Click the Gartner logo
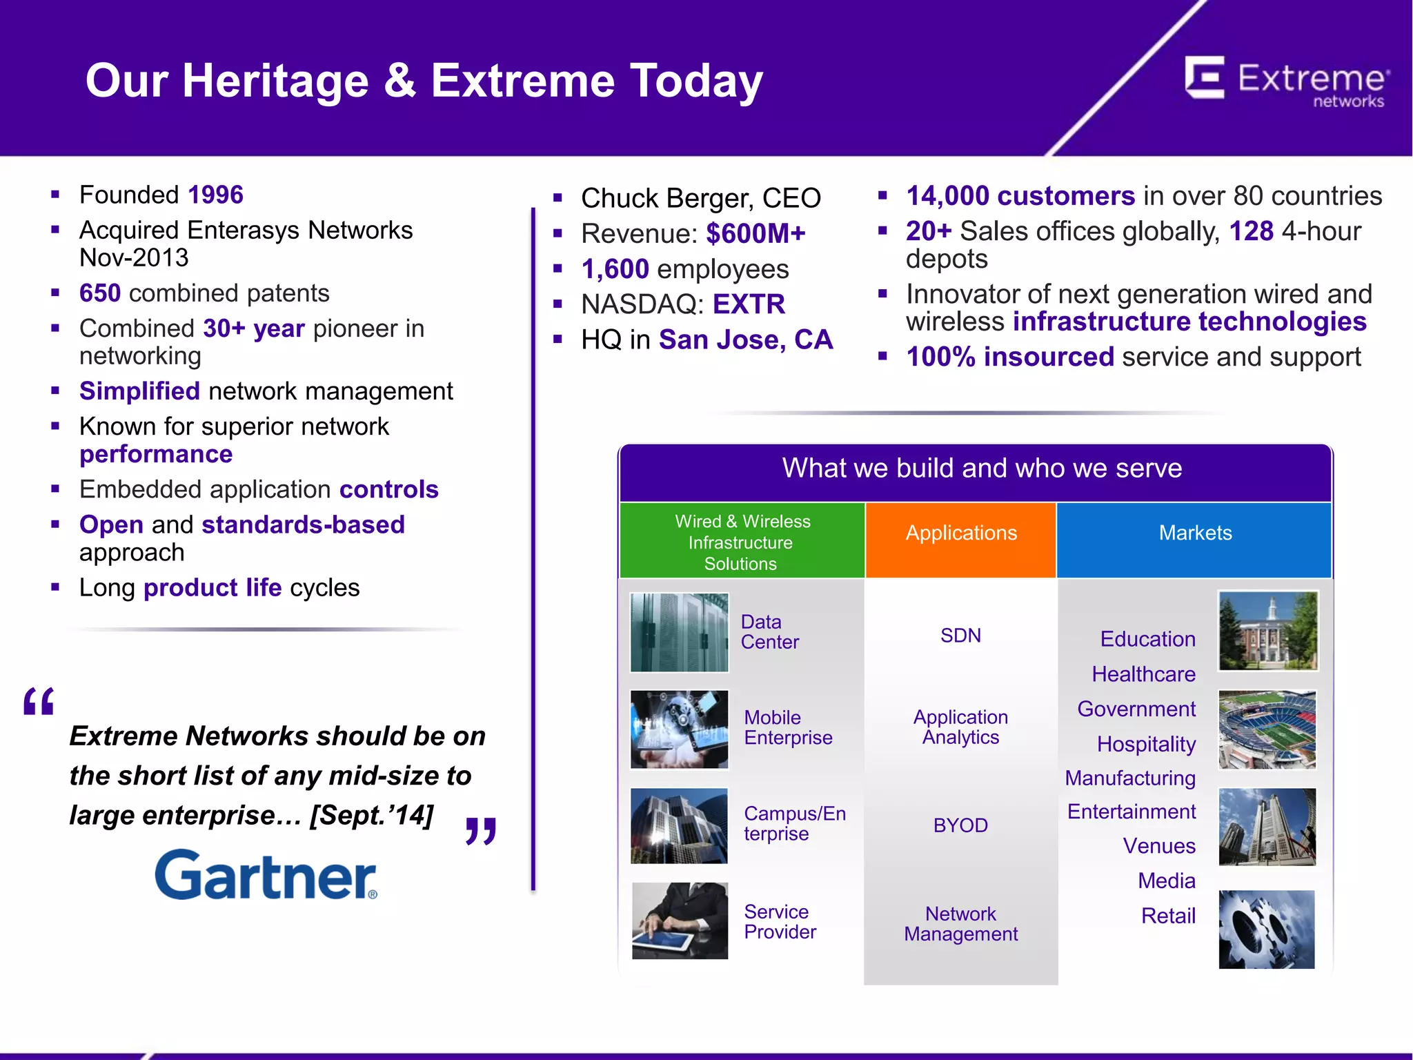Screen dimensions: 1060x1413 tap(266, 875)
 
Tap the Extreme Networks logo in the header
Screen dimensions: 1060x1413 tap(1287, 81)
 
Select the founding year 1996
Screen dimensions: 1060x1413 tap(215, 195)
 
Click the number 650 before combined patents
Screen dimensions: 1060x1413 tap(100, 293)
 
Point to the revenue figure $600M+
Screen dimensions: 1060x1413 tap(755, 234)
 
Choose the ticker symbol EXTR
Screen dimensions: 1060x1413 tap(749, 304)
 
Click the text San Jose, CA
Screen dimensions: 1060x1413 tap(746, 340)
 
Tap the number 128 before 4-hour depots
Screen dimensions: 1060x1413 tap(1251, 231)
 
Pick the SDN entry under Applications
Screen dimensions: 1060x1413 tap(960, 636)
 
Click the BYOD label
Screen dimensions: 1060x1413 tap(960, 825)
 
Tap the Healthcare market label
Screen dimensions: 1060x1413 tap(1143, 674)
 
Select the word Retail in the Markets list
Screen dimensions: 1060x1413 tap(1167, 916)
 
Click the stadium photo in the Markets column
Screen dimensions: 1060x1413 tap(1267, 729)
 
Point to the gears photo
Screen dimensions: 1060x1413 tap(1267, 929)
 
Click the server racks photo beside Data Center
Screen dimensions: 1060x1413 tap(679, 632)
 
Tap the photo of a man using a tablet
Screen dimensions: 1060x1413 tap(680, 921)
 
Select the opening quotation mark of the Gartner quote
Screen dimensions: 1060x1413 tap(39, 703)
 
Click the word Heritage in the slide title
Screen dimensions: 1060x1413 tap(275, 81)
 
